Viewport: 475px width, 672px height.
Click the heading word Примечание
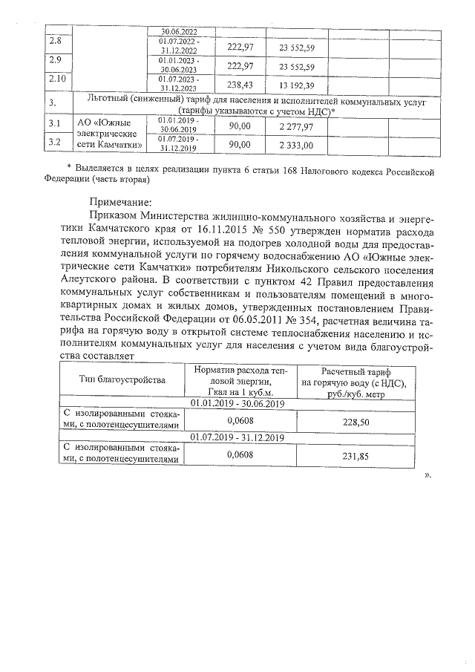tap(119, 201)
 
